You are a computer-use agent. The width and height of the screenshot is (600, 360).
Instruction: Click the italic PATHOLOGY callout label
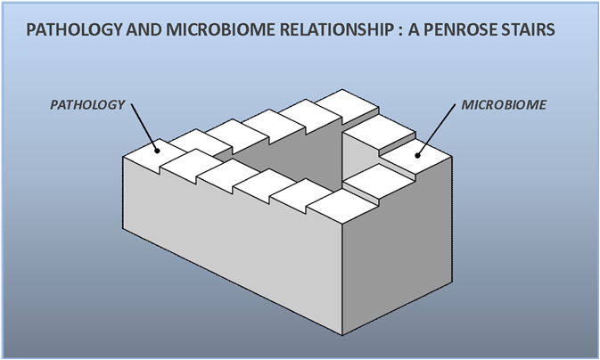86,105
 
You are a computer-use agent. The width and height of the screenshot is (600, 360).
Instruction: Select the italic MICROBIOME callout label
504,105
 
